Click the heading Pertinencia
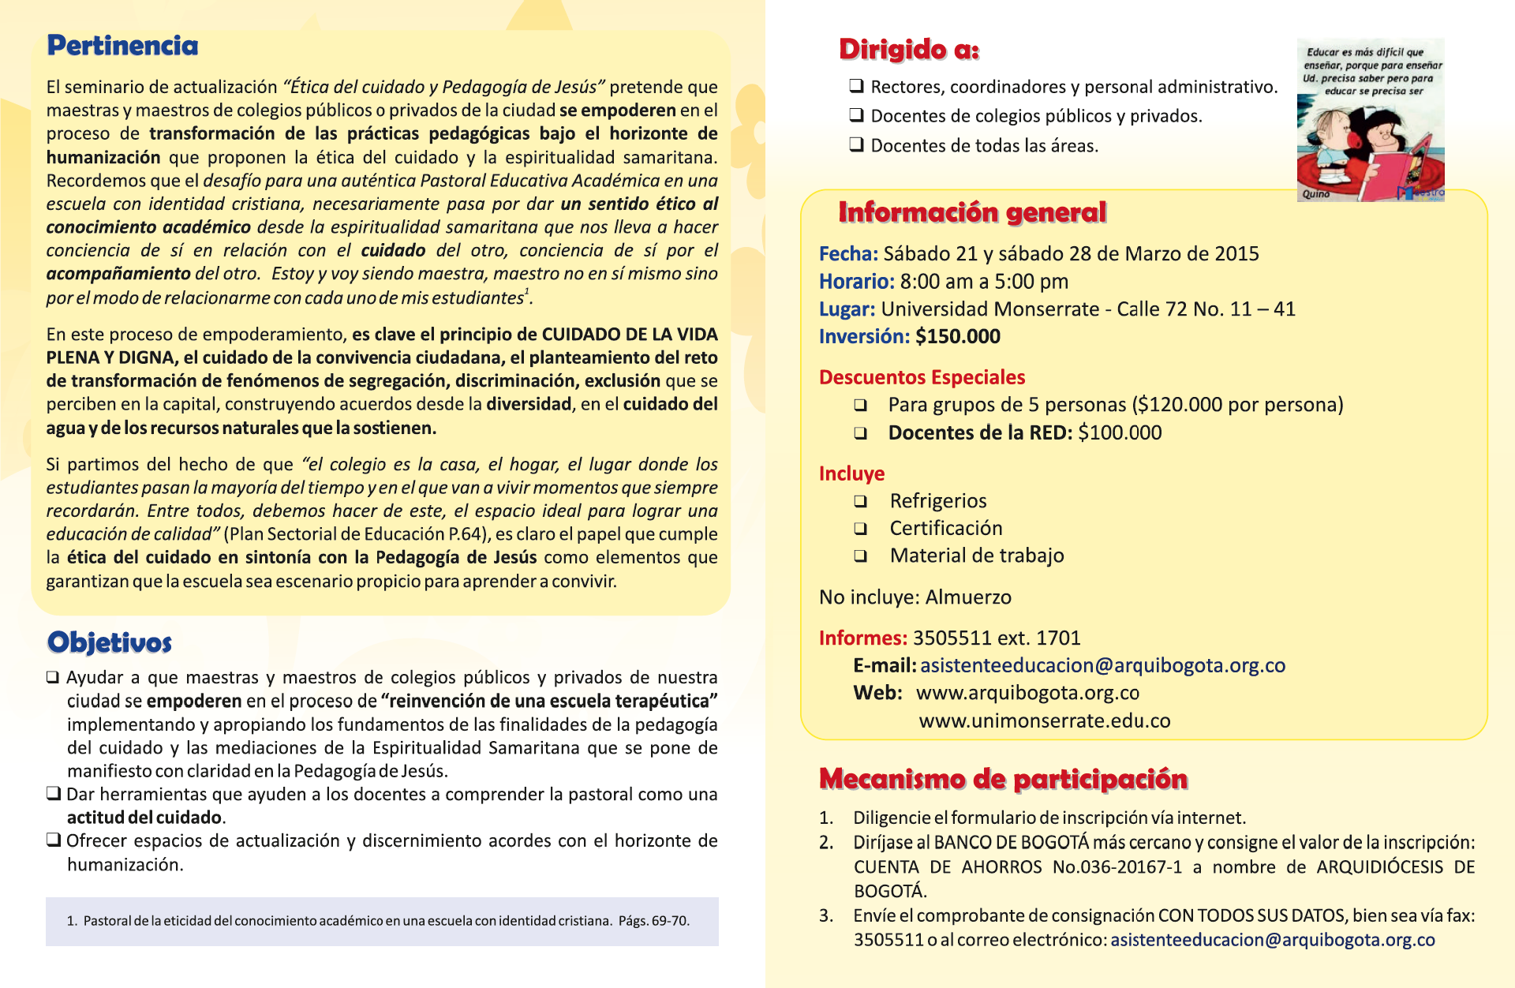click(x=122, y=46)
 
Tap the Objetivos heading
click(x=110, y=642)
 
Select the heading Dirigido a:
click(x=909, y=50)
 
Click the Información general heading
click(x=972, y=212)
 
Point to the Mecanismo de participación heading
click(x=1003, y=779)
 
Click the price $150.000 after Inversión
click(x=958, y=337)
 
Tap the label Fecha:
click(x=848, y=254)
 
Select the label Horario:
click(x=856, y=282)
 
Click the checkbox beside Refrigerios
click(x=860, y=501)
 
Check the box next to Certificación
click(x=860, y=529)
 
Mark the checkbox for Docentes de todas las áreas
click(x=856, y=144)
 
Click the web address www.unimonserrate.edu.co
click(x=1045, y=721)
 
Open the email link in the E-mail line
click(x=1102, y=666)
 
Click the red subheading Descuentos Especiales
click(x=922, y=377)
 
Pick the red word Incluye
click(x=851, y=473)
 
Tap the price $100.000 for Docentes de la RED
click(x=1120, y=433)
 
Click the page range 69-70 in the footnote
click(x=669, y=921)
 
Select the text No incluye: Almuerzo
click(x=915, y=597)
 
